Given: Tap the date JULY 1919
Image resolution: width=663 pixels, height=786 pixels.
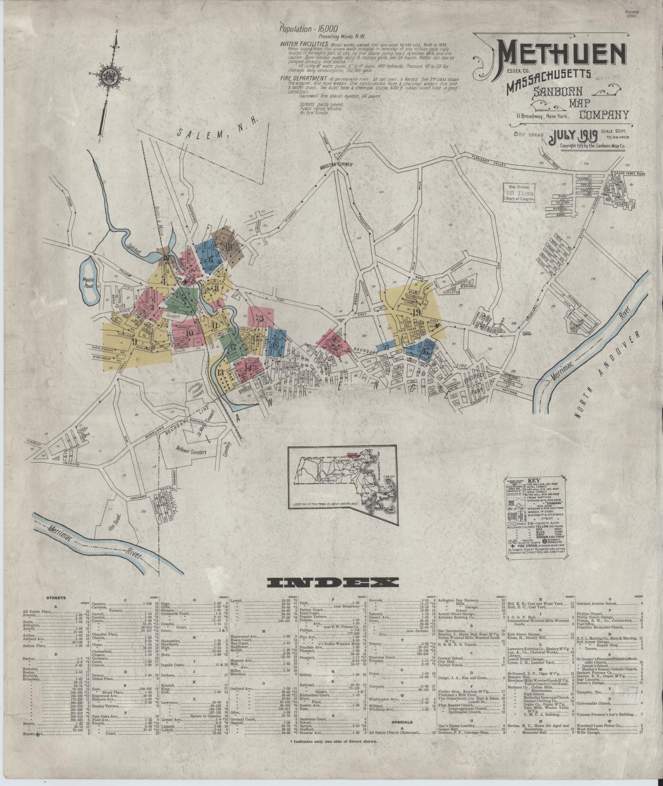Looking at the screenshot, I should click(x=573, y=135).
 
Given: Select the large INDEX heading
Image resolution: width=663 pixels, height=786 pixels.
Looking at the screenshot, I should click(x=332, y=581).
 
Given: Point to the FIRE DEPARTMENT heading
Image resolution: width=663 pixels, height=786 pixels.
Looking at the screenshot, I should click(x=304, y=78).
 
